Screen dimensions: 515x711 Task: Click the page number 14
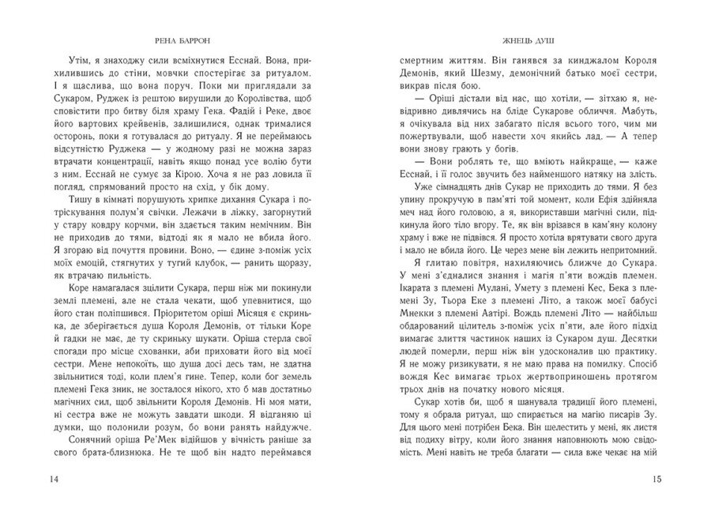(x=31, y=480)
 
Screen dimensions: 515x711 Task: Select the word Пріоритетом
(x=228, y=338)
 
